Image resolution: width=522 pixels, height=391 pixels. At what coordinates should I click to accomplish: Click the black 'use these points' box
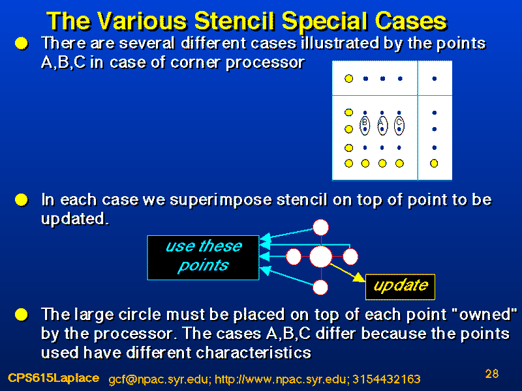coord(203,257)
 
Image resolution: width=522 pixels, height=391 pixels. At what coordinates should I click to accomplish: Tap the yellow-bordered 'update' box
coord(400,287)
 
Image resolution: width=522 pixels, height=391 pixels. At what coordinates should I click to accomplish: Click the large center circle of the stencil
coord(321,257)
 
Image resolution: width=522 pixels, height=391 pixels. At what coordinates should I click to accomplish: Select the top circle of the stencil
coord(321,227)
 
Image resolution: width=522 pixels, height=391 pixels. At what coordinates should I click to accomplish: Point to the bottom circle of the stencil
coord(320,287)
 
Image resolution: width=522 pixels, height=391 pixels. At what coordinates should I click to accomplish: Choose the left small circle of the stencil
coord(294,257)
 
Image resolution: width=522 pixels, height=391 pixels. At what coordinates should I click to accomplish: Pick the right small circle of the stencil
coord(350,257)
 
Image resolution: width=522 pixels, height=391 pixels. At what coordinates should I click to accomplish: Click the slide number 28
coord(492,373)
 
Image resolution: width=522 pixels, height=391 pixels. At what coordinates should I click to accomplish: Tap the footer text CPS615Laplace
coord(54,378)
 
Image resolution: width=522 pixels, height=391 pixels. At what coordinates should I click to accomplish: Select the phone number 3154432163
coord(386,379)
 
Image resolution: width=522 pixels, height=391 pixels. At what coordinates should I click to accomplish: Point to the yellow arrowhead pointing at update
coord(360,278)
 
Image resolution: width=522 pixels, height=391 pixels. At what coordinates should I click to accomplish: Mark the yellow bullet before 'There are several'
coord(22,44)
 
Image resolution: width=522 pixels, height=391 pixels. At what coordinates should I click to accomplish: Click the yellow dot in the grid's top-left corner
coord(348,78)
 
